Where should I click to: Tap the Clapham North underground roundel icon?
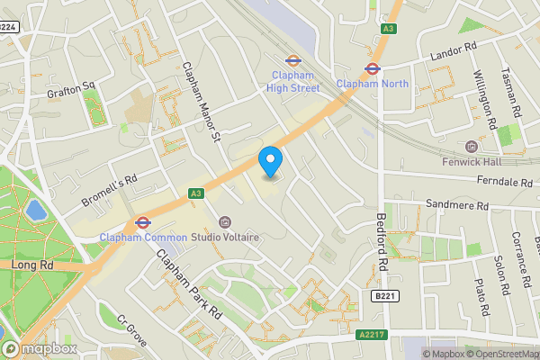(371, 67)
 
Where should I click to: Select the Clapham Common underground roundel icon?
(141, 221)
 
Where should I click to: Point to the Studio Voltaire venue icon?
(225, 222)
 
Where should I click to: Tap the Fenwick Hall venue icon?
(471, 147)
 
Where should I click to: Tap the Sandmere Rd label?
(456, 205)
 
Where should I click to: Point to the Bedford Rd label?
(382, 243)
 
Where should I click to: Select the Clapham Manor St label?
(202, 101)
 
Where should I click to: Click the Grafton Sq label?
(71, 90)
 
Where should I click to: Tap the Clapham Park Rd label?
(189, 285)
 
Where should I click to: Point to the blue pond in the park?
(36, 211)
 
